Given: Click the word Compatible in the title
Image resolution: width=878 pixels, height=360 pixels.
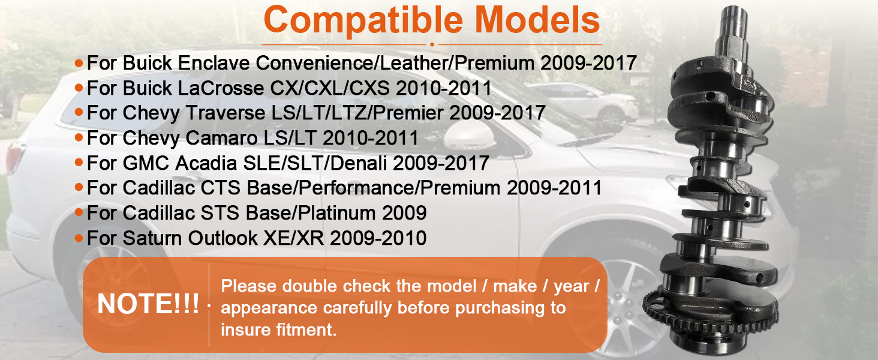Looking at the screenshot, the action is click(x=363, y=21).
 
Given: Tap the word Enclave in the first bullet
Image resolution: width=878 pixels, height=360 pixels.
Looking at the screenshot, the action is click(x=214, y=63).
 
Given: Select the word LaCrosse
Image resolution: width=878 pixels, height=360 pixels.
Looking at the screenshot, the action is click(x=221, y=88).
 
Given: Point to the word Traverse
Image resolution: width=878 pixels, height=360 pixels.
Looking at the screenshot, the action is click(x=225, y=113).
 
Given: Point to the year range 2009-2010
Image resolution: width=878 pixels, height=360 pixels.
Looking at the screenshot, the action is click(x=378, y=238).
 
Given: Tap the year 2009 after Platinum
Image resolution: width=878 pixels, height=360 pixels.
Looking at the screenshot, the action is click(x=404, y=213).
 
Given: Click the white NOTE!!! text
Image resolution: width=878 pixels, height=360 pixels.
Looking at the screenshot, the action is click(x=148, y=304).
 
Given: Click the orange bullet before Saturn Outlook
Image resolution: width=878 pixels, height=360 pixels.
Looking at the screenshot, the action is click(x=79, y=238).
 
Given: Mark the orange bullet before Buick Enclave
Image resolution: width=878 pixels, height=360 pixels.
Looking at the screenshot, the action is click(x=79, y=63).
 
